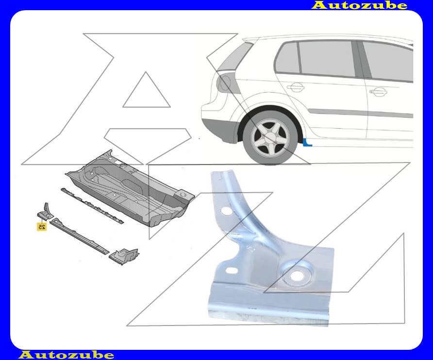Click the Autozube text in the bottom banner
coord(67,355)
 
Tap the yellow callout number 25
coord(42,227)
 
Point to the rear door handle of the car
coord(296,88)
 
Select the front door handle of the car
coord(378,91)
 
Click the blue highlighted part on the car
coord(307,143)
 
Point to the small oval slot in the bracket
coord(231,270)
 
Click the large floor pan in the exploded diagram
coord(130,188)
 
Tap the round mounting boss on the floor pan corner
coord(183,195)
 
